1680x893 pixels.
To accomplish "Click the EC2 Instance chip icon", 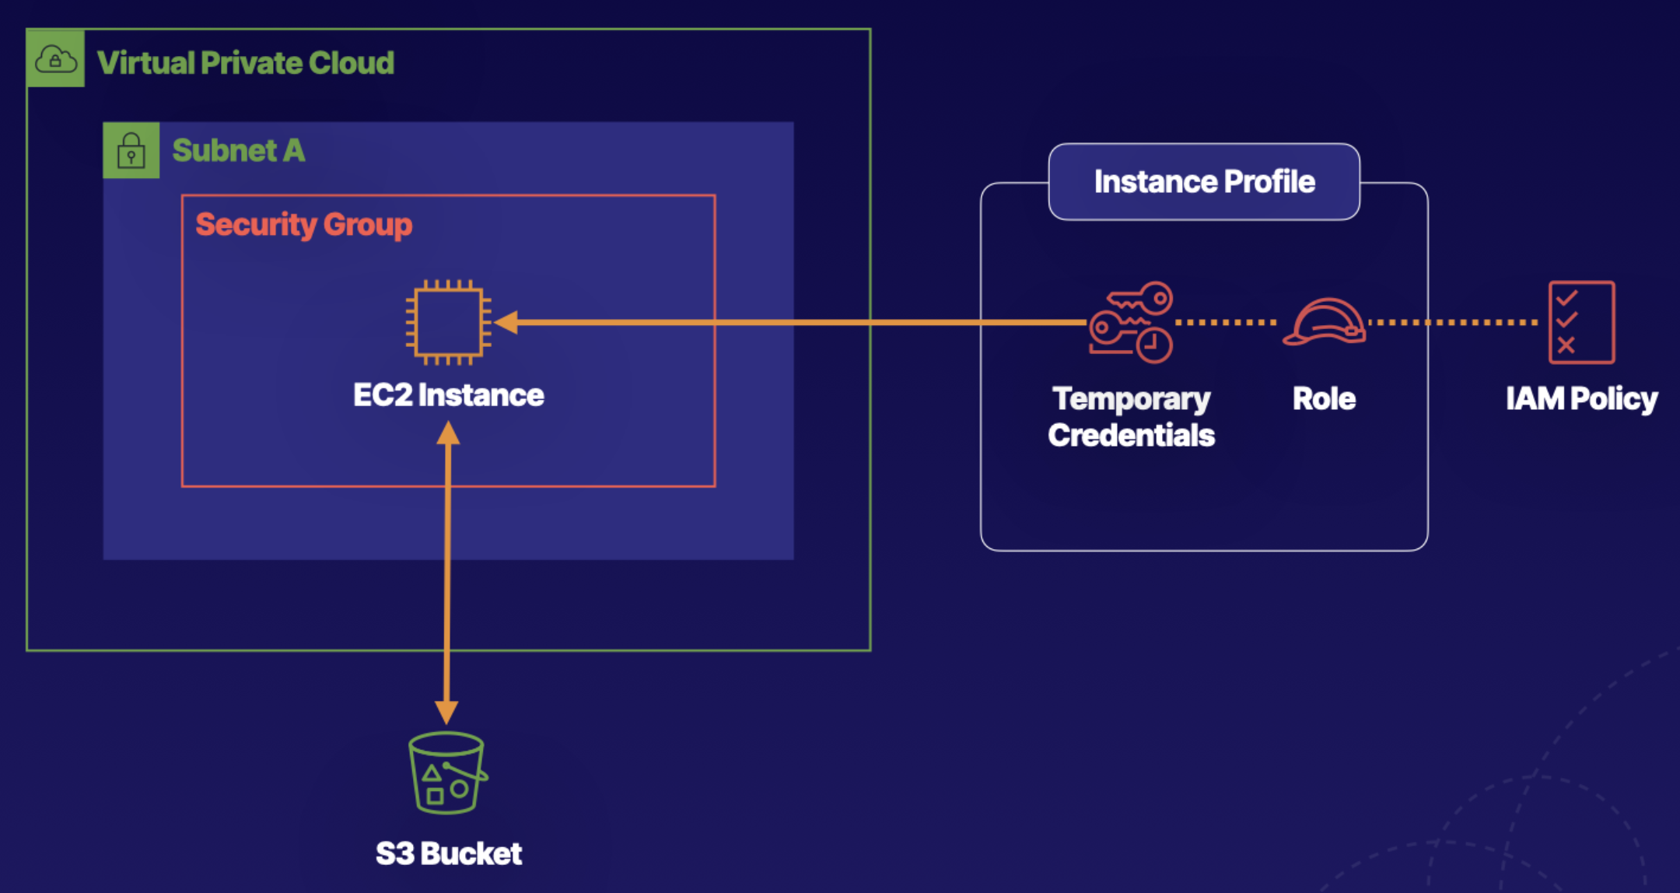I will click(449, 322).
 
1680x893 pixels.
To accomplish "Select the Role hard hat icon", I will click(1325, 322).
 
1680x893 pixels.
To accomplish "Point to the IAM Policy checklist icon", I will click(1581, 322).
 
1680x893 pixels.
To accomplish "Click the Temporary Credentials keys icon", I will click(1132, 322).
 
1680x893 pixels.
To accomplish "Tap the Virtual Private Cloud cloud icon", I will click(55, 58).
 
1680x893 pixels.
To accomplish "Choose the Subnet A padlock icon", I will click(131, 150).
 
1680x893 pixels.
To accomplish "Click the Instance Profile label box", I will click(1204, 182).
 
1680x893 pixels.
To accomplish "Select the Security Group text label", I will click(303, 224).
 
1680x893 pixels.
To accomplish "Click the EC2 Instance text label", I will click(449, 395).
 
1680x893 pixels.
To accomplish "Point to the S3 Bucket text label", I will click(449, 853).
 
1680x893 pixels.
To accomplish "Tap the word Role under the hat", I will click(1324, 398).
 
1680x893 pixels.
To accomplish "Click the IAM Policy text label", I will click(1581, 398).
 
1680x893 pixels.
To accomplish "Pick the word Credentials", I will click(1131, 435).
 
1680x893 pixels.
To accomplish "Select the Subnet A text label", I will click(238, 150).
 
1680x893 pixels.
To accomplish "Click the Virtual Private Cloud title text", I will click(245, 63).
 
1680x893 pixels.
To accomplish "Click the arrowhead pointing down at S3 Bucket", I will click(446, 712).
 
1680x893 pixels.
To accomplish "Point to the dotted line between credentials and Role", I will click(1226, 322).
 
